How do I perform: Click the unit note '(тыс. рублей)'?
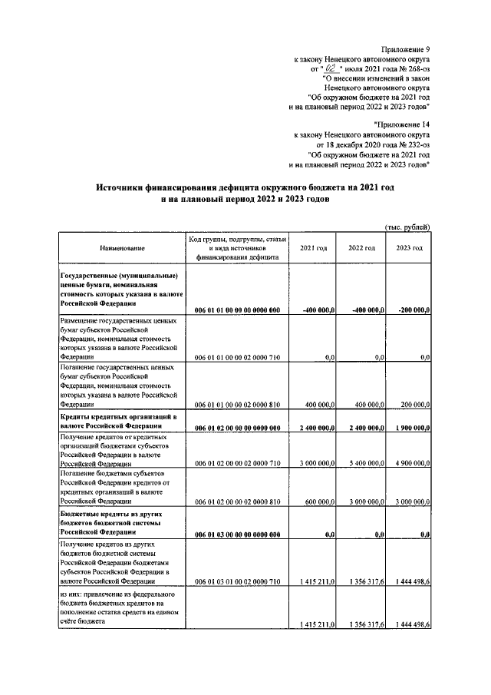(x=407, y=226)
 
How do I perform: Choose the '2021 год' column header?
(x=313, y=249)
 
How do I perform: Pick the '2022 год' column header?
(x=361, y=249)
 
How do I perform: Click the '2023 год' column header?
(x=409, y=249)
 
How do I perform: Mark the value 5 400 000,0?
(x=362, y=464)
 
